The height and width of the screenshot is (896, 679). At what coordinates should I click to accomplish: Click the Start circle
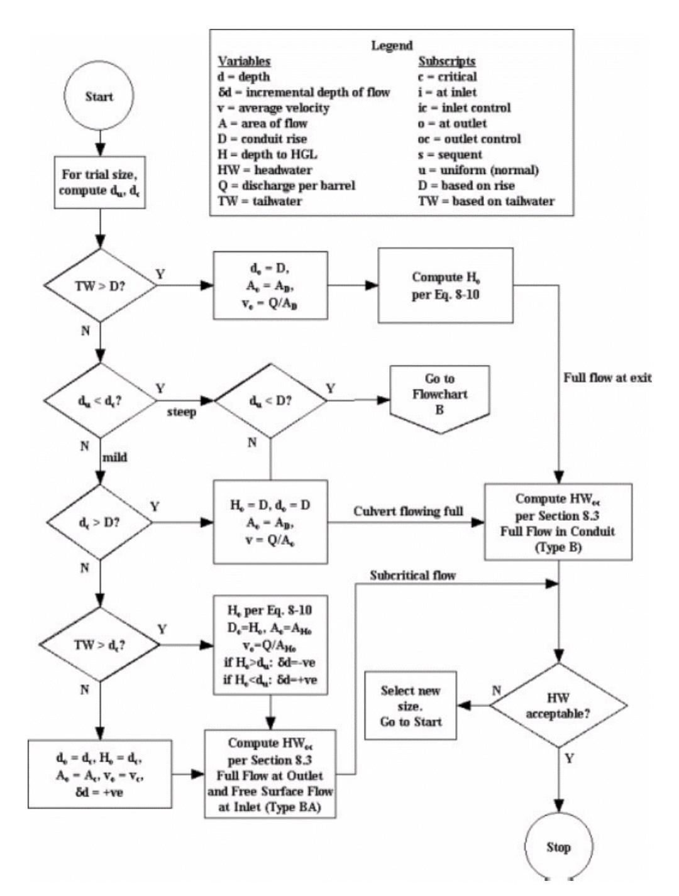pyautogui.click(x=99, y=97)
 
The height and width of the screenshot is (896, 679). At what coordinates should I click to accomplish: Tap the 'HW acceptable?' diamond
pyautogui.click(x=558, y=706)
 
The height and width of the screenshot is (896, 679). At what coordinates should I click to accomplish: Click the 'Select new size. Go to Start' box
pyautogui.click(x=411, y=706)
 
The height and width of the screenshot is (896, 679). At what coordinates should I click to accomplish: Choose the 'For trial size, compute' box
pyautogui.click(x=99, y=182)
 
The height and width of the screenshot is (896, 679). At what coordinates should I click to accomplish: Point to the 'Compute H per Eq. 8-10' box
pyautogui.click(x=445, y=285)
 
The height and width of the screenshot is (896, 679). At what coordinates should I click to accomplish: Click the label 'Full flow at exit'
pyautogui.click(x=607, y=378)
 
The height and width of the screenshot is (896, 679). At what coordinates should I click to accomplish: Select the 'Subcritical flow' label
pyautogui.click(x=412, y=575)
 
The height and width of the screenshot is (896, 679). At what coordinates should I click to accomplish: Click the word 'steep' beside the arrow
pyautogui.click(x=181, y=412)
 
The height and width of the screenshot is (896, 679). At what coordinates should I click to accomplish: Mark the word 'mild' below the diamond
pyautogui.click(x=114, y=457)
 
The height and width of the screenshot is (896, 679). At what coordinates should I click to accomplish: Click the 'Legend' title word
pyautogui.click(x=392, y=45)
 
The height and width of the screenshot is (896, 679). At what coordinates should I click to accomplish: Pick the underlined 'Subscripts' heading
pyautogui.click(x=446, y=61)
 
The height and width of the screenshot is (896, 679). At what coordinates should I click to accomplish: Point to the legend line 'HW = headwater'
pyautogui.click(x=265, y=170)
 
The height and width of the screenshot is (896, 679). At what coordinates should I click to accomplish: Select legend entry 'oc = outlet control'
pyautogui.click(x=469, y=139)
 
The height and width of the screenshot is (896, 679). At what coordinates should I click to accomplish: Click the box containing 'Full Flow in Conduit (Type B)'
pyautogui.click(x=558, y=522)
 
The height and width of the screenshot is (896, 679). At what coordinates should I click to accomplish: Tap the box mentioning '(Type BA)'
pyautogui.click(x=270, y=773)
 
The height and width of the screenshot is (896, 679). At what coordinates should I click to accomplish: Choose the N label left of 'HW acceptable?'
pyautogui.click(x=497, y=691)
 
